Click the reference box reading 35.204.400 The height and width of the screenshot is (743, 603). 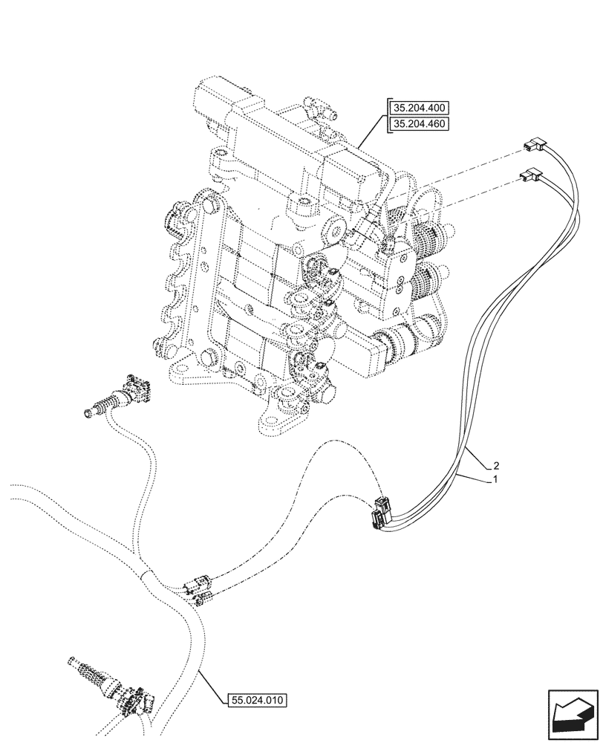[x=418, y=108]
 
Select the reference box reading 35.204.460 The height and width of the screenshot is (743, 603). [x=418, y=124]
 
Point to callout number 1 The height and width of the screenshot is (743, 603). [x=493, y=481]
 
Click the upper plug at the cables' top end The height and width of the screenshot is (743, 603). [x=533, y=146]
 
